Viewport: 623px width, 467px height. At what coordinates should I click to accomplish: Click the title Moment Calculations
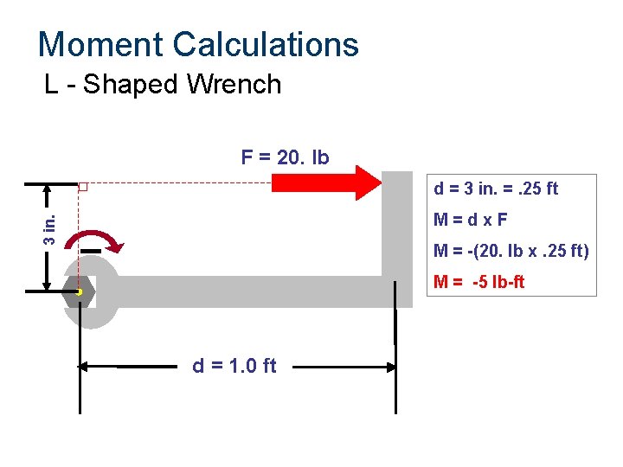click(x=198, y=44)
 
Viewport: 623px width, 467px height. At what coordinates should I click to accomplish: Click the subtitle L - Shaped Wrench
click(x=163, y=85)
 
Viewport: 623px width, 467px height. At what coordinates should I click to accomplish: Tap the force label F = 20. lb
click(x=285, y=158)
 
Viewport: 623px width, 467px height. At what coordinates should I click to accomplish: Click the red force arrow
click(x=326, y=182)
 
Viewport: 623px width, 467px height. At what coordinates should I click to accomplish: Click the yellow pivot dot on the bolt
click(x=79, y=292)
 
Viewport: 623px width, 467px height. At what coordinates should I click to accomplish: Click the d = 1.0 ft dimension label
click(x=234, y=366)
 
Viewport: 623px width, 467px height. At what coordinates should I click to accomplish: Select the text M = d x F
click(x=472, y=220)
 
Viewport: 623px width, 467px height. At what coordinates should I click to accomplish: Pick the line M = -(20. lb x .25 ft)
click(x=511, y=251)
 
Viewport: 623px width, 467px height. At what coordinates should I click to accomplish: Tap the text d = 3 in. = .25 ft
click(x=496, y=189)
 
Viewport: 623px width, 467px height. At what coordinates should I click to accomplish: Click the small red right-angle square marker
click(x=83, y=187)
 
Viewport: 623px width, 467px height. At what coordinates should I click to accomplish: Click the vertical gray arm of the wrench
click(x=397, y=225)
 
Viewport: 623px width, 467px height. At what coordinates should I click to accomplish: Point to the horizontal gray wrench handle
click(x=251, y=292)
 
